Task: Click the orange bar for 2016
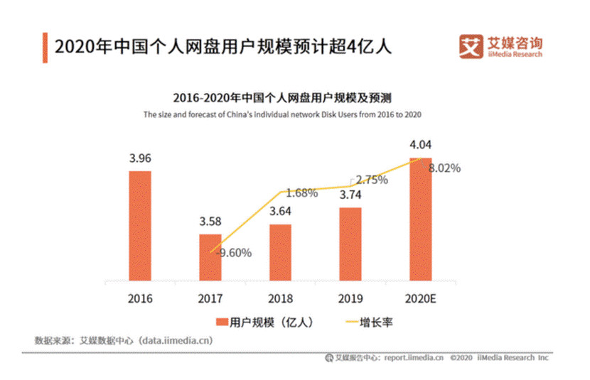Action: tap(140, 225)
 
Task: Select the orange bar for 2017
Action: tap(210, 256)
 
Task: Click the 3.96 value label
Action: tap(140, 158)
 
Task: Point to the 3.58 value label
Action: tap(210, 221)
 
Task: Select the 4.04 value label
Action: tap(421, 146)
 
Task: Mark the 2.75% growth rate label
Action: tap(371, 180)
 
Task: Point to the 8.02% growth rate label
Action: tap(445, 168)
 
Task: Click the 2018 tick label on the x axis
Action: tap(280, 298)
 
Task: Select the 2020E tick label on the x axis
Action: tap(421, 298)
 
